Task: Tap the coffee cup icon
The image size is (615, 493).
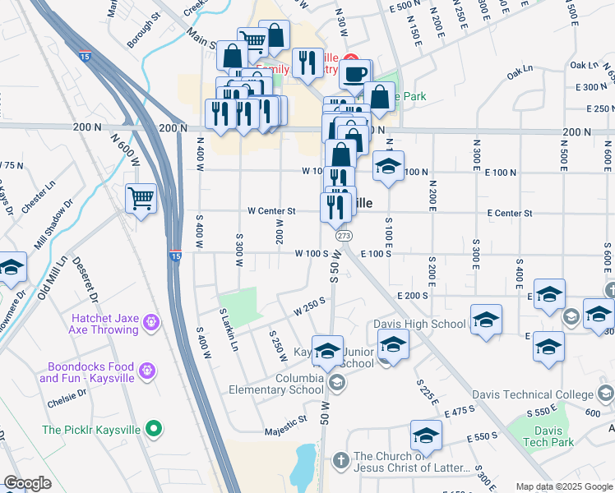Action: pyautogui.click(x=354, y=74)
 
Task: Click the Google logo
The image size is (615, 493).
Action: pyautogui.click(x=27, y=483)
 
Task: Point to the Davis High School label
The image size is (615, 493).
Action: pyautogui.click(x=419, y=324)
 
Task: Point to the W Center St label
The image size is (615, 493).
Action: pyautogui.click(x=273, y=211)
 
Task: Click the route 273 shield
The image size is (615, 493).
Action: pyautogui.click(x=344, y=236)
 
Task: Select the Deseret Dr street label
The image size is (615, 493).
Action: pyautogui.click(x=89, y=283)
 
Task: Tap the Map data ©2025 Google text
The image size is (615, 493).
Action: pyautogui.click(x=564, y=486)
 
